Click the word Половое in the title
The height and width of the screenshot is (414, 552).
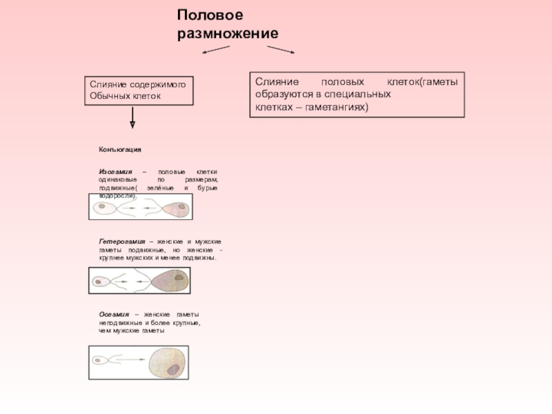pyautogui.click(x=210, y=15)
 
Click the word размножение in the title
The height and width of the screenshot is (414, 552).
pyautogui.click(x=228, y=33)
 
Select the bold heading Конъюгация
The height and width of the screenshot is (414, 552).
pyautogui.click(x=120, y=149)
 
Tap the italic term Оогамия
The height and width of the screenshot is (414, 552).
pyautogui.click(x=114, y=314)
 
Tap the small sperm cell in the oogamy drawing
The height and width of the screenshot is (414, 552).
pyautogui.click(x=99, y=359)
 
